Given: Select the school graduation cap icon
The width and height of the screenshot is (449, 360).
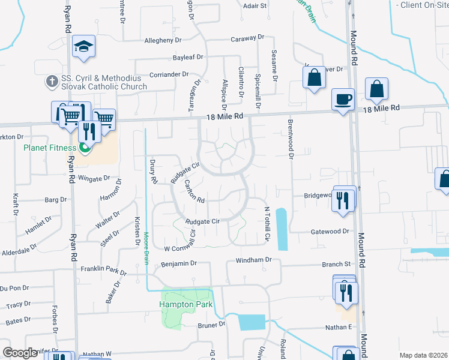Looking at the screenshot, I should tap(84, 47).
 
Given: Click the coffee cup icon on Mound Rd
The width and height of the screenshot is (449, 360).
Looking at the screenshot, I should tap(343, 98).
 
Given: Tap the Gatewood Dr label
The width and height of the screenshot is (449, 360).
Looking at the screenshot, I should tap(330, 231).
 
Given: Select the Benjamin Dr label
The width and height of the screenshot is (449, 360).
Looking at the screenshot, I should tap(179, 263).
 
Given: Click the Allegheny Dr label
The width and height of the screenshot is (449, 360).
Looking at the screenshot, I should tap(163, 40).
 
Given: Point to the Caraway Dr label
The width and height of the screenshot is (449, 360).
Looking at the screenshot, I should tap(247, 39).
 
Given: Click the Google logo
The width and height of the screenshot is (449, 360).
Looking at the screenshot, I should tap(20, 353).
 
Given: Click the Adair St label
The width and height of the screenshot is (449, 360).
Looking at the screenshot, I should tap(255, 5).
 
